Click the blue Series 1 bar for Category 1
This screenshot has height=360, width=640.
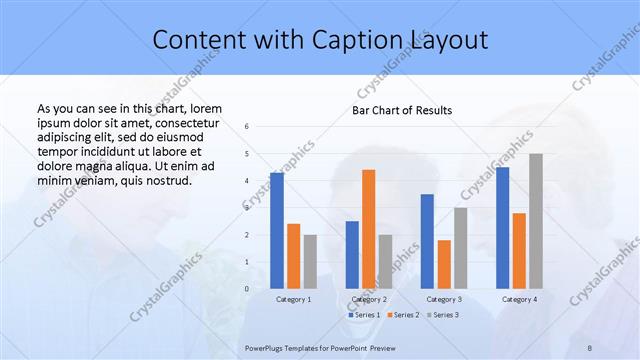click(276, 230)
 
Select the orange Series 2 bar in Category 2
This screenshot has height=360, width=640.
click(368, 229)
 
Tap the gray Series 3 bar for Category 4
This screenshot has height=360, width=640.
click(536, 221)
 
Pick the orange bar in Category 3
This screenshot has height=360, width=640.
click(444, 264)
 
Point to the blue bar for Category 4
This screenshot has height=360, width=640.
click(502, 228)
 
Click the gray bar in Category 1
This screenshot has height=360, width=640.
click(310, 262)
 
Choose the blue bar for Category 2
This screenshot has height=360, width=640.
click(352, 255)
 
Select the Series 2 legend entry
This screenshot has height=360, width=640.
click(403, 315)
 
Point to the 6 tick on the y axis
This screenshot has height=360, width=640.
click(247, 127)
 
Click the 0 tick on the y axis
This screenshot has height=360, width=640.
click(247, 289)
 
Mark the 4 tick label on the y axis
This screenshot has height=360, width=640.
click(247, 181)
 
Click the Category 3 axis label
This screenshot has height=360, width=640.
click(444, 299)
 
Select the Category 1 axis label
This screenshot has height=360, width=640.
click(293, 299)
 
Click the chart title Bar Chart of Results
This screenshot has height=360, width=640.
click(402, 110)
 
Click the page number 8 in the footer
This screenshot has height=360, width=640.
click(590, 348)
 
